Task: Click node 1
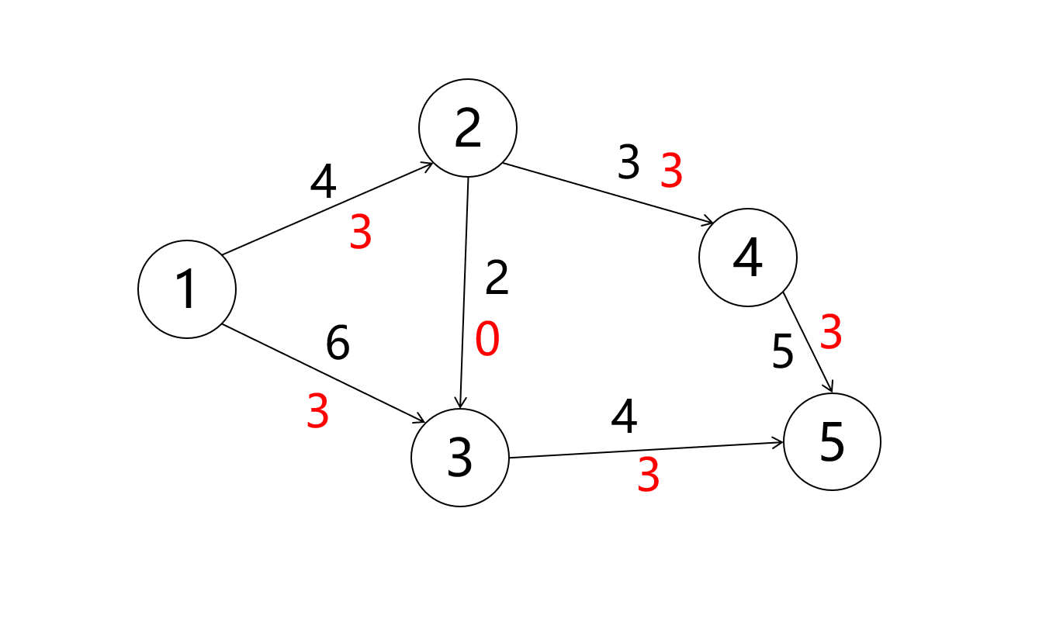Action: tap(187, 289)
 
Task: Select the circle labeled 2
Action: tap(468, 128)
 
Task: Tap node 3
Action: tap(460, 458)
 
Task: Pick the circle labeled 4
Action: tap(748, 258)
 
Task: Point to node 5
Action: tap(832, 442)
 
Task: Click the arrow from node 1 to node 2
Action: tap(326, 209)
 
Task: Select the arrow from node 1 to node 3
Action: tap(323, 373)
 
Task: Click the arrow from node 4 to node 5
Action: tap(808, 342)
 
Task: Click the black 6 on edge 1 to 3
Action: tap(338, 344)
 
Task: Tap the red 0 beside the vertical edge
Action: tap(487, 340)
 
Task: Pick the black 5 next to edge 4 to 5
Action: tap(783, 353)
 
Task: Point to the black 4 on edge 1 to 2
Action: tap(323, 182)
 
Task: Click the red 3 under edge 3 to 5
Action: tap(648, 475)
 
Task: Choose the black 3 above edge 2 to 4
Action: tap(628, 163)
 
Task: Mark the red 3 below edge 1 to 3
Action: tap(317, 412)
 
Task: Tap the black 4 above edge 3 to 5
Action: tap(624, 417)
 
